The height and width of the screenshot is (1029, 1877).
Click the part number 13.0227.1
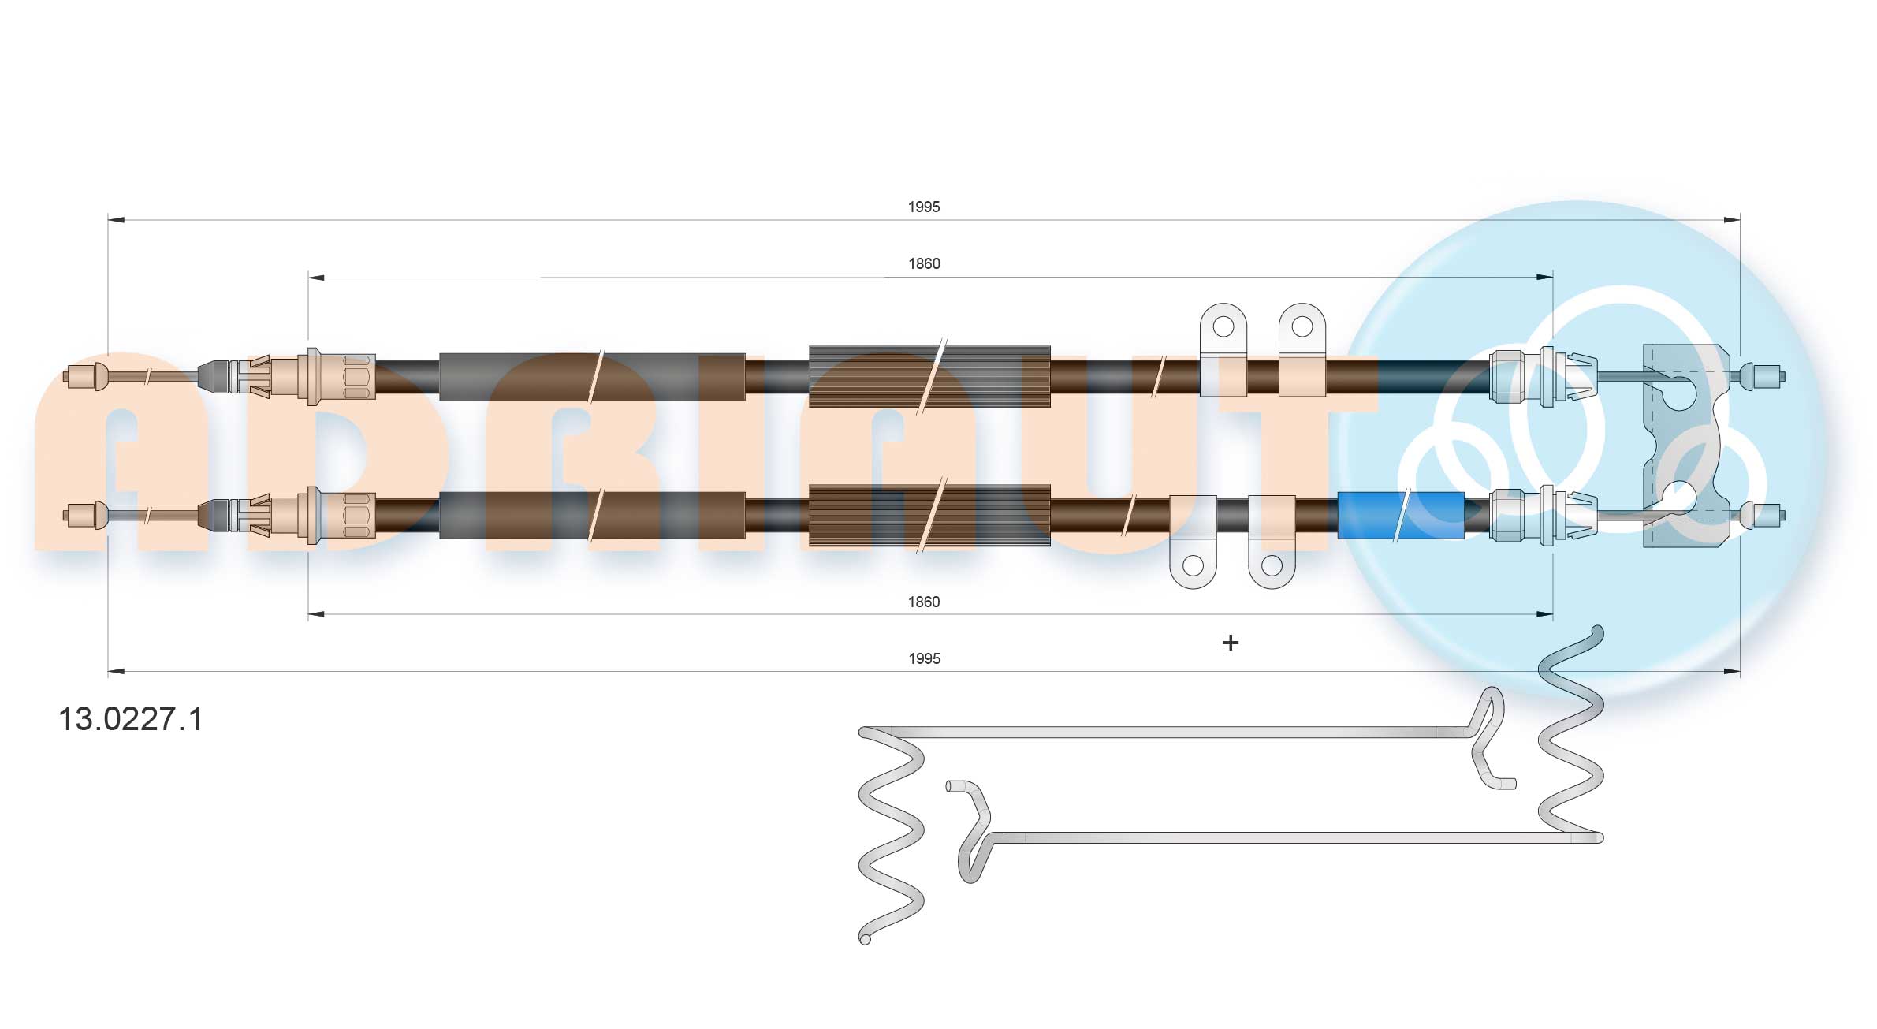click(131, 719)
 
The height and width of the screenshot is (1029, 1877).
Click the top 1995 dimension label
click(924, 207)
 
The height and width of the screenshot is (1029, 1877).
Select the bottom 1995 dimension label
click(924, 658)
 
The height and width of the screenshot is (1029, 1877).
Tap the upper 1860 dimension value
click(924, 263)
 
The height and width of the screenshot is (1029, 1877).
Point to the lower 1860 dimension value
click(924, 602)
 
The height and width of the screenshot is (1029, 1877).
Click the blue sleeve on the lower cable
click(1401, 516)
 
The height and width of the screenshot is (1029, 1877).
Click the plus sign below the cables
click(1231, 643)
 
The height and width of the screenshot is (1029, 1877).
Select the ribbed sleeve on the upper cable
click(930, 376)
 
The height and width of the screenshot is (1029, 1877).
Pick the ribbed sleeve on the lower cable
click(930, 515)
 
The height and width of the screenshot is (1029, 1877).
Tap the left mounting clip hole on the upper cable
click(1223, 326)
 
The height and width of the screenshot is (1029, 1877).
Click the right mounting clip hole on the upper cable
click(1302, 326)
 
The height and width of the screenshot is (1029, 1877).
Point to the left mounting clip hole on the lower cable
click(1194, 565)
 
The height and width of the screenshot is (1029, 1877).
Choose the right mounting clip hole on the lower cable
click(1272, 565)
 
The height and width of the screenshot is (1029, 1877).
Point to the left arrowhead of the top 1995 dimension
click(116, 220)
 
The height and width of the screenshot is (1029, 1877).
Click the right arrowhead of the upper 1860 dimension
click(1544, 278)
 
